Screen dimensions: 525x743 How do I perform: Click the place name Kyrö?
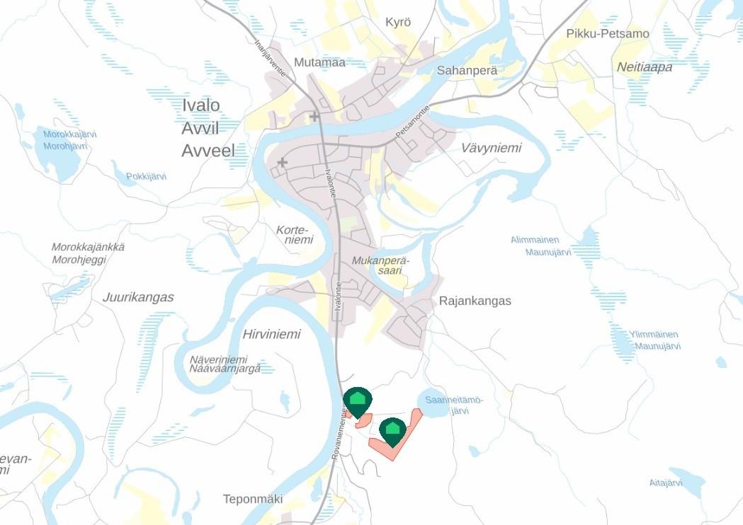tap(398, 23)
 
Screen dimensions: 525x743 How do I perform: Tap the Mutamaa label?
tap(319, 62)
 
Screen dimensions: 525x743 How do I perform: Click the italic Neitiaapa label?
tap(644, 67)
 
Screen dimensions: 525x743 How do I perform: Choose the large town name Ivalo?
tap(201, 105)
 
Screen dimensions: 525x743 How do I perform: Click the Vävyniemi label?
tap(491, 148)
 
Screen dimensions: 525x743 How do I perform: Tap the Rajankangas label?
tap(475, 301)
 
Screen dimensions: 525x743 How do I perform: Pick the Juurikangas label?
tap(138, 297)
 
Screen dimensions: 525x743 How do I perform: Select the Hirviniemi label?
tap(271, 335)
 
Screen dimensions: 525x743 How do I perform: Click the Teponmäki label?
tap(253, 499)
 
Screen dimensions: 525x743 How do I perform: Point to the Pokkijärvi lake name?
tap(146, 176)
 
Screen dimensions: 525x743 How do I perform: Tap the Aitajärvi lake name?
tap(665, 483)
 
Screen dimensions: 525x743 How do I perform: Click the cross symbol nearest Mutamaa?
tap(314, 116)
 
